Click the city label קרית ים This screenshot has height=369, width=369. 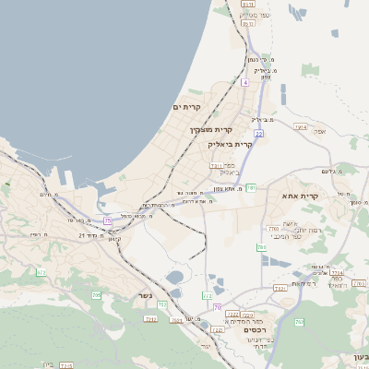[187, 108]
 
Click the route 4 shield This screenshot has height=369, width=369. [246, 82]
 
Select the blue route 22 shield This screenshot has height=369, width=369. [259, 134]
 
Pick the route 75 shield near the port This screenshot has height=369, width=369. [108, 220]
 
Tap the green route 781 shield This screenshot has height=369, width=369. [250, 187]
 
